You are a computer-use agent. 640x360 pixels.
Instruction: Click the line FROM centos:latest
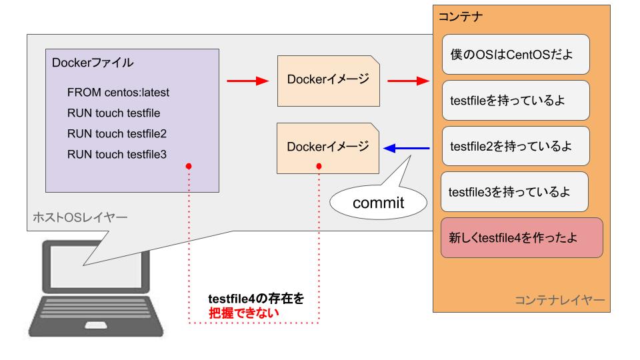[x=118, y=93]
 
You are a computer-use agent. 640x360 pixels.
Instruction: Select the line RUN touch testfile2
[x=117, y=134]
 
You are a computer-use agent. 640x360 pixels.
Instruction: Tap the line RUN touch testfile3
[x=117, y=155]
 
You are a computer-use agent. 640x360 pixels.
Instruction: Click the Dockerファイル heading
[x=93, y=63]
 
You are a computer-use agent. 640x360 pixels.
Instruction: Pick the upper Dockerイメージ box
[x=329, y=81]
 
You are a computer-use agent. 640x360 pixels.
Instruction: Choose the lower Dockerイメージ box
[x=328, y=148]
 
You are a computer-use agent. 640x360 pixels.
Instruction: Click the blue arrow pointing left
[x=407, y=148]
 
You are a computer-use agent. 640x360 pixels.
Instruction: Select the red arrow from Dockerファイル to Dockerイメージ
[x=248, y=81]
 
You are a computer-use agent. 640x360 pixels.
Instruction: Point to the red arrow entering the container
[x=409, y=81]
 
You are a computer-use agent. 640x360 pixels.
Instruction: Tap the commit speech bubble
[x=379, y=203]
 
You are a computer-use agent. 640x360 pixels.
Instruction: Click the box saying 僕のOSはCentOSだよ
[x=516, y=54]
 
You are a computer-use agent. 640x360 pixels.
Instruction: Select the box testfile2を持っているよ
[x=516, y=146]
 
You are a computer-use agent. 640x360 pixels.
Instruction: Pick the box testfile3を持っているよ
[x=515, y=192]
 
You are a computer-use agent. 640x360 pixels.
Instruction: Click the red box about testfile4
[x=522, y=237]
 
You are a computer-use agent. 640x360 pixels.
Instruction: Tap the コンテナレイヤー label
[x=559, y=301]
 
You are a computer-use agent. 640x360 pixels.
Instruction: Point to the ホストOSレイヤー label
[x=80, y=217]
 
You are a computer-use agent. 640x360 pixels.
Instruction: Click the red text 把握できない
[x=244, y=313]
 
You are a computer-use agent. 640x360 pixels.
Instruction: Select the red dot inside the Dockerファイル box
[x=189, y=166]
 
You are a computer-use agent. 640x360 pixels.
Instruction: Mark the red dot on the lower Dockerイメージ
[x=319, y=166]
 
